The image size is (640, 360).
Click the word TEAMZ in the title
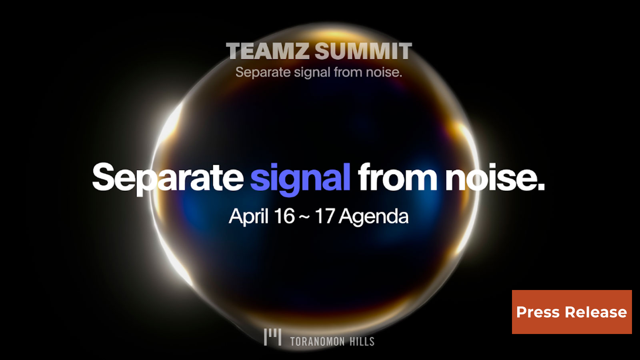tap(268, 51)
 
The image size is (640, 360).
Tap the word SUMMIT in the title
tap(363, 51)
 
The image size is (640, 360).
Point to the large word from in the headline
tap(397, 177)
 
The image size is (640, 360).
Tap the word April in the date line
tap(248, 216)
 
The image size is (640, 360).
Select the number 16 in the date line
tap(284, 216)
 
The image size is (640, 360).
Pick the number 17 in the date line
tap(324, 216)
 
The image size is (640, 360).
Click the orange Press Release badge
tap(572, 312)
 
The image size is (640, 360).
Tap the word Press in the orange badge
tap(538, 312)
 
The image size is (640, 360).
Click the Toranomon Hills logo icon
tap(272, 337)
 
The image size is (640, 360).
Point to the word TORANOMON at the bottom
tap(317, 342)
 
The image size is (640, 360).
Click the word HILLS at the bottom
tap(362, 342)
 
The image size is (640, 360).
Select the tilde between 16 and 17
tap(304, 217)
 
